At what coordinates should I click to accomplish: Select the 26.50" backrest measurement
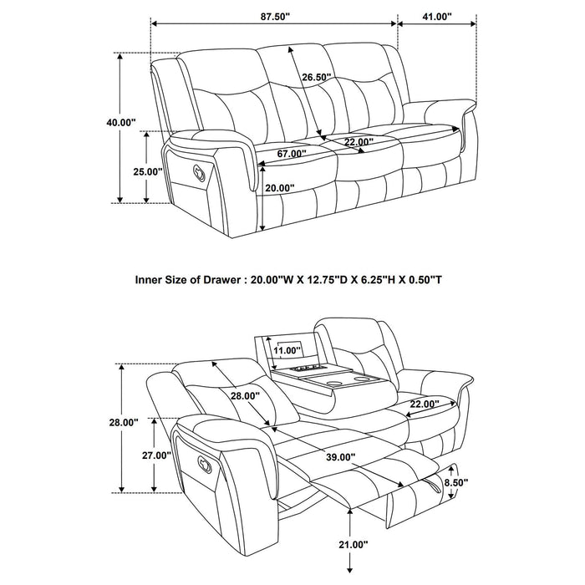[x=317, y=78]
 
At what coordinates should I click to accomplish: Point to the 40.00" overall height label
[x=120, y=122]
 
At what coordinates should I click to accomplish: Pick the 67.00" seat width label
[x=291, y=154]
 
